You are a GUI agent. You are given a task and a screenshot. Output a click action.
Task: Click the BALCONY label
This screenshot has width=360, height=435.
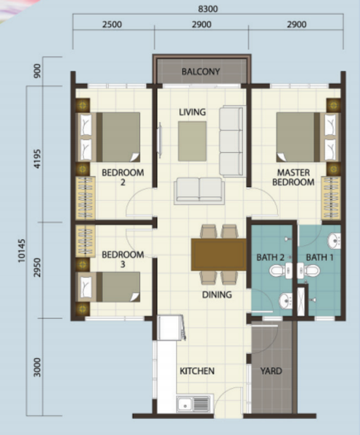tap(200, 72)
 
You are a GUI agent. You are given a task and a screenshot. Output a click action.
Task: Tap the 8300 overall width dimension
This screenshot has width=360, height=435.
tap(208, 9)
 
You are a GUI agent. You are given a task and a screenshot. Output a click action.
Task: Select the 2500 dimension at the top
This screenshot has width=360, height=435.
tap(112, 25)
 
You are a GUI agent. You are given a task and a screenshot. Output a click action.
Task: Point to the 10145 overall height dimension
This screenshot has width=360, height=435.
tap(21, 251)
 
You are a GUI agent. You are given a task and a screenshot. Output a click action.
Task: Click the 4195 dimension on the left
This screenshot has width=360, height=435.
tap(37, 159)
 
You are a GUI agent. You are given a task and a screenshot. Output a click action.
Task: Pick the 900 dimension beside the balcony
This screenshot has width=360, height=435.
tap(37, 71)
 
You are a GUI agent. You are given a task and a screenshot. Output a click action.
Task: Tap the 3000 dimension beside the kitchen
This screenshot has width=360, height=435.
tap(37, 368)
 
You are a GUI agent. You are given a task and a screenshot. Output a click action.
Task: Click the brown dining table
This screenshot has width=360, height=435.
tap(218, 254)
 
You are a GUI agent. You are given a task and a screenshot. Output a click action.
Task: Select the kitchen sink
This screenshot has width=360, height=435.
tap(193, 403)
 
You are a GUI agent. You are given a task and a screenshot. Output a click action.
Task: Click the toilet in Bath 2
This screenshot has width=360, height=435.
tap(281, 270)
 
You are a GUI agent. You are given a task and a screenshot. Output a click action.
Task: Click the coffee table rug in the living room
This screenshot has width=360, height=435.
tap(192, 141)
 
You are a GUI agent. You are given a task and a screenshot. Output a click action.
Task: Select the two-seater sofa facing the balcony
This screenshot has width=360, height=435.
tap(199, 191)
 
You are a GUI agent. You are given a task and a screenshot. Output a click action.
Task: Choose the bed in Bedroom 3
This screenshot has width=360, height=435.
tap(108, 287)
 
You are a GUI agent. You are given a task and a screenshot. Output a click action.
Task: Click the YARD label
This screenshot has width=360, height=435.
tap(271, 371)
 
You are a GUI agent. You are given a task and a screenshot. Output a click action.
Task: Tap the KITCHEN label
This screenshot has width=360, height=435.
tap(197, 371)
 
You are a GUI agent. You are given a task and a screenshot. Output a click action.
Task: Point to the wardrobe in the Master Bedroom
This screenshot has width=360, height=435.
tap(331, 198)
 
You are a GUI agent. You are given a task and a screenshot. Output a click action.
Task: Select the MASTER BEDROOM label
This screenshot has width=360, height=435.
tap(293, 178)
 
